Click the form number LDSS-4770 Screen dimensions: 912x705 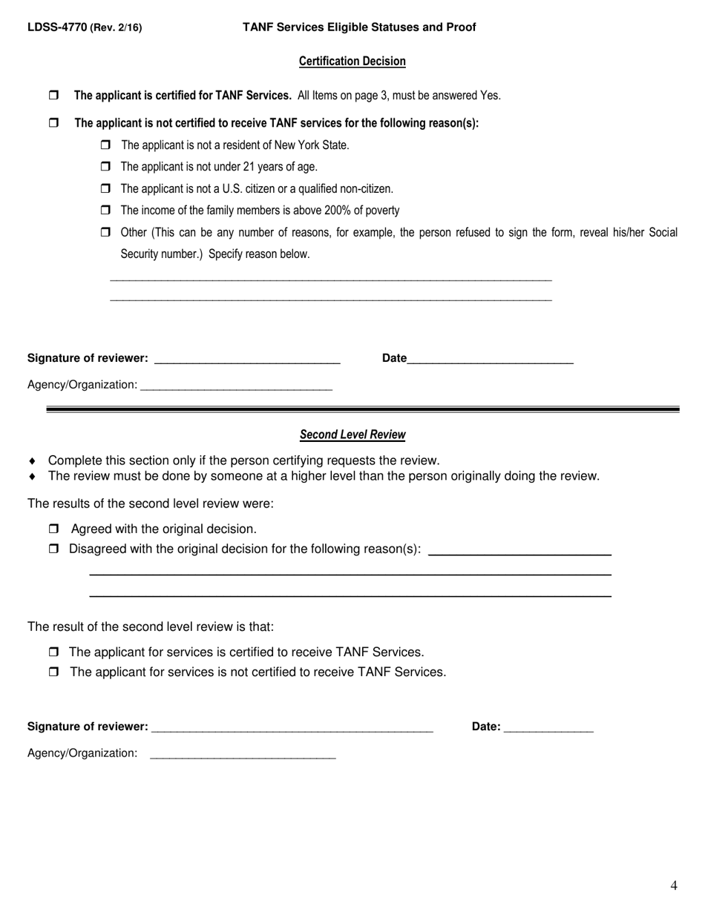coord(57,27)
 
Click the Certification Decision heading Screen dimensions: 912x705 coord(352,62)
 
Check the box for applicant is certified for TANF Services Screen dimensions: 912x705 coord(53,96)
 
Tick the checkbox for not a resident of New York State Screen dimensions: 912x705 coord(105,145)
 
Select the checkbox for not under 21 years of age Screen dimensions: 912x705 coord(105,167)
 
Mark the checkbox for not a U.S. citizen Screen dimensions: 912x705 coord(105,189)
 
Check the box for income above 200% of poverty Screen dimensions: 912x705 coord(105,211)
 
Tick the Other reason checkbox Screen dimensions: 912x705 coord(105,233)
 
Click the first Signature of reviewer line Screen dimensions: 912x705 coord(246,360)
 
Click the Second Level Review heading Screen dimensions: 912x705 coord(352,434)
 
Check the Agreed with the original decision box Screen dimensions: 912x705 coord(53,529)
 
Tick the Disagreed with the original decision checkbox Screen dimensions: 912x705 coord(53,549)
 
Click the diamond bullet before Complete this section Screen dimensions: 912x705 coord(33,461)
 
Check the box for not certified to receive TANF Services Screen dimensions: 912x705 coord(53,673)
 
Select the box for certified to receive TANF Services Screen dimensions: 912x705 coord(53,652)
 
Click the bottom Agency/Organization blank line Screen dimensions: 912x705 coord(243,755)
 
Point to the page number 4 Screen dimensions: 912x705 coord(673,885)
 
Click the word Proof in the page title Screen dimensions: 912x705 coord(460,27)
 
